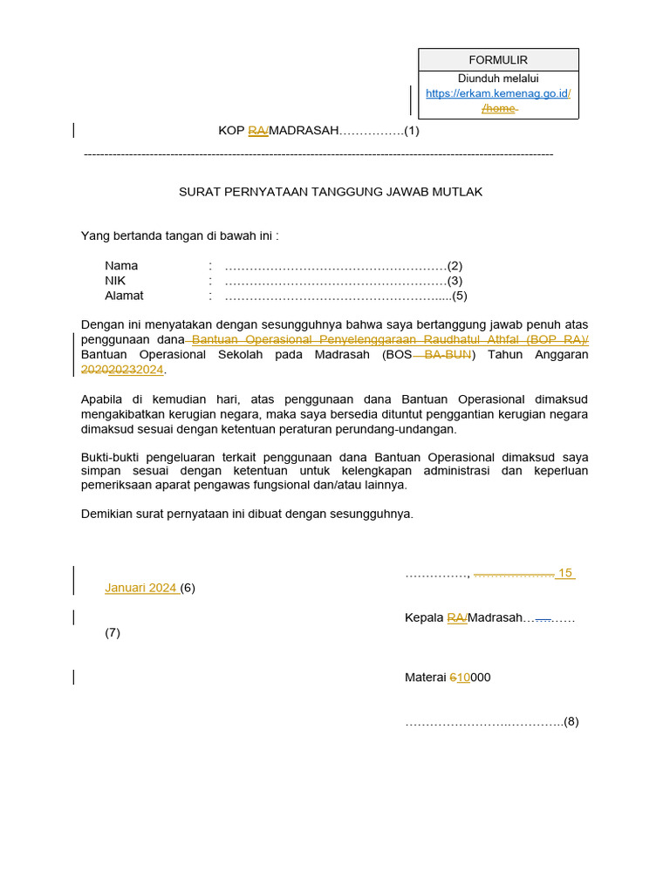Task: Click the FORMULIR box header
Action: [498, 60]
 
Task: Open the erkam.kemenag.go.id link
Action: [497, 93]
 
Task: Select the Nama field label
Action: [121, 266]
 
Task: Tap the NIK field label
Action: [115, 281]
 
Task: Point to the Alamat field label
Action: [124, 296]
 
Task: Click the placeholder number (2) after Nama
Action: [455, 266]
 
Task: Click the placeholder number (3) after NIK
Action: [455, 281]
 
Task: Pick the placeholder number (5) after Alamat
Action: [460, 296]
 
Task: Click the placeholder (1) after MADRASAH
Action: [412, 131]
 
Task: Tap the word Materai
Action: [425, 678]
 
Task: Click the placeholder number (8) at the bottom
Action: [571, 722]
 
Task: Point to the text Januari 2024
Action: [140, 588]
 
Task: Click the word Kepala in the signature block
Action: [424, 618]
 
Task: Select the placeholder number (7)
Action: [113, 633]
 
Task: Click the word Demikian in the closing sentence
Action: [107, 514]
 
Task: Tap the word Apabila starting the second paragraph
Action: [103, 399]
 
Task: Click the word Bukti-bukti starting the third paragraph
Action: [111, 457]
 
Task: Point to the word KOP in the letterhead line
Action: [231, 131]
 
